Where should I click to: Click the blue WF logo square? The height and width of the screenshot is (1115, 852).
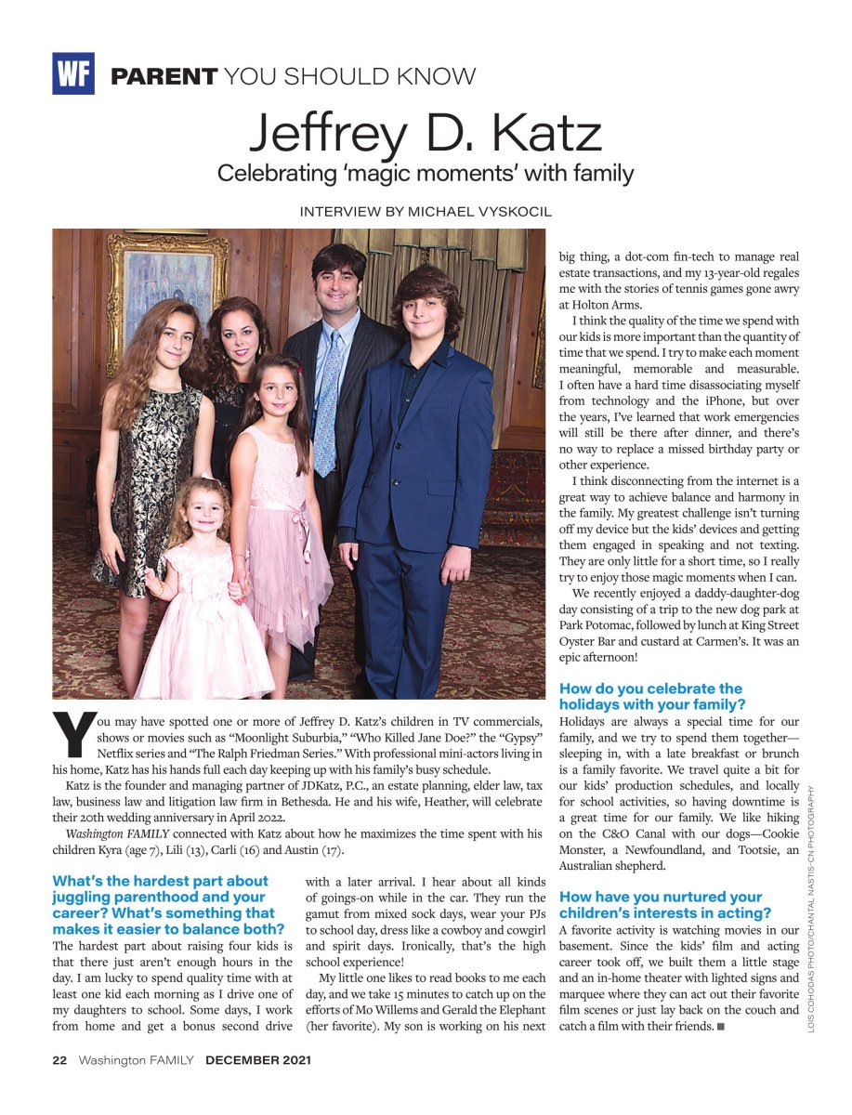coord(73,74)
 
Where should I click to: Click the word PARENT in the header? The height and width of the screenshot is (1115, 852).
coord(164,76)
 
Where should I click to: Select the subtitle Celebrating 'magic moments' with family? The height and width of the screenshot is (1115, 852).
coord(426,173)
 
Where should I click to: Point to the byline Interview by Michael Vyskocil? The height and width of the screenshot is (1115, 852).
coord(426,212)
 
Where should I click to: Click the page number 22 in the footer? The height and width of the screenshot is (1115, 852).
coord(59,1059)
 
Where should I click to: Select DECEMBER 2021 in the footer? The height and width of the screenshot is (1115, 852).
coord(258,1059)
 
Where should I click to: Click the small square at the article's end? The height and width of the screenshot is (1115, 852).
coord(721,1026)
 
